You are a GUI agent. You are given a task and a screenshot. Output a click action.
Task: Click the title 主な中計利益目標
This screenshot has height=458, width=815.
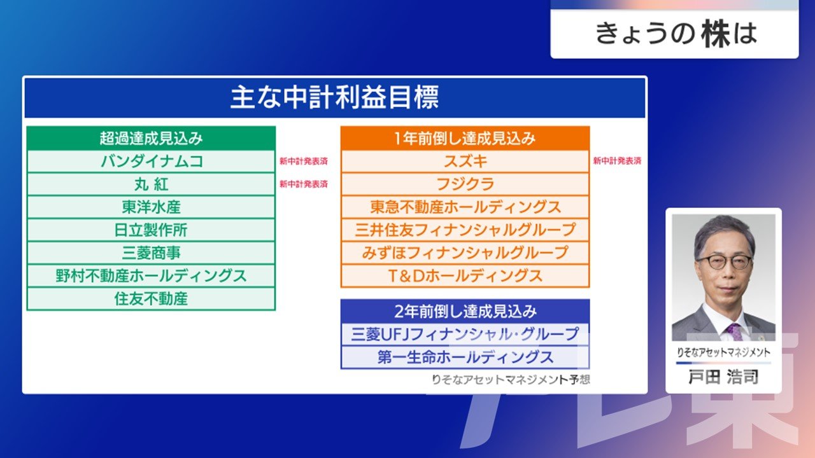tap(335, 97)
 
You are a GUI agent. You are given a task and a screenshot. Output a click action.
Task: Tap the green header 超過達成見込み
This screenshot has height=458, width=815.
tap(151, 139)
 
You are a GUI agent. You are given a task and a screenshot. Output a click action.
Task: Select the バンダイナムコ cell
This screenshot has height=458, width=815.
tap(151, 162)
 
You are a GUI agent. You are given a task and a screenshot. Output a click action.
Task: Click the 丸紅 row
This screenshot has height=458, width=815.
tap(151, 184)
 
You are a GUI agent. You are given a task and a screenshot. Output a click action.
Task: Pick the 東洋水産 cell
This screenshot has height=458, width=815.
tap(151, 207)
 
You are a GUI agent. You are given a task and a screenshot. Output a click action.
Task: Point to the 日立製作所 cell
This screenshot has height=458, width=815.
tap(151, 230)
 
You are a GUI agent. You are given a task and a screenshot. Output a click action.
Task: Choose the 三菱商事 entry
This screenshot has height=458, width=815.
tap(151, 253)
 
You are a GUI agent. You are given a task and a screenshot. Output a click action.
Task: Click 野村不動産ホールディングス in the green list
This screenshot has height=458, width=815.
tap(151, 276)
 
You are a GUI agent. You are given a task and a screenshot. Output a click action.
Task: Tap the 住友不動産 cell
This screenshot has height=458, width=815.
tap(151, 299)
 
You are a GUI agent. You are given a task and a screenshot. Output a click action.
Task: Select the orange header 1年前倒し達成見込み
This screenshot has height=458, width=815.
tap(465, 139)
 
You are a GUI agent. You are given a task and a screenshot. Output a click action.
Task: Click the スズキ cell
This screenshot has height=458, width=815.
tap(465, 162)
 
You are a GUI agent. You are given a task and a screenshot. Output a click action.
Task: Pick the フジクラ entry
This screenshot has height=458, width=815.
tap(465, 184)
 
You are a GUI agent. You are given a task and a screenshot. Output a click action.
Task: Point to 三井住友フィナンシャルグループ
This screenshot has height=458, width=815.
tap(465, 230)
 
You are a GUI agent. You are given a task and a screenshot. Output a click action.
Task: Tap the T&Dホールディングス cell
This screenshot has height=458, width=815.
tap(465, 276)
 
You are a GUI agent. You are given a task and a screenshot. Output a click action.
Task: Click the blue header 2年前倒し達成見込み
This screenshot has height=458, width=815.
tap(465, 312)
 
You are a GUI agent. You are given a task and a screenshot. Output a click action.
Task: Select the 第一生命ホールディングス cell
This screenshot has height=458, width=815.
tap(465, 357)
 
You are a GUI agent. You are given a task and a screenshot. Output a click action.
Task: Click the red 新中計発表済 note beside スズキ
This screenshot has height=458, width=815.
tap(617, 161)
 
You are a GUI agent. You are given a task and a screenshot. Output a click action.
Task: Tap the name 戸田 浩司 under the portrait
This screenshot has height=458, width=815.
tap(723, 377)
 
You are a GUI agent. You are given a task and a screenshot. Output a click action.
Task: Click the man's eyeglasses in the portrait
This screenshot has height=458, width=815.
tap(724, 261)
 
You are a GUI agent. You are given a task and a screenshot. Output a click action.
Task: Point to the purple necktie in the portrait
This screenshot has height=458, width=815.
tap(735, 332)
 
